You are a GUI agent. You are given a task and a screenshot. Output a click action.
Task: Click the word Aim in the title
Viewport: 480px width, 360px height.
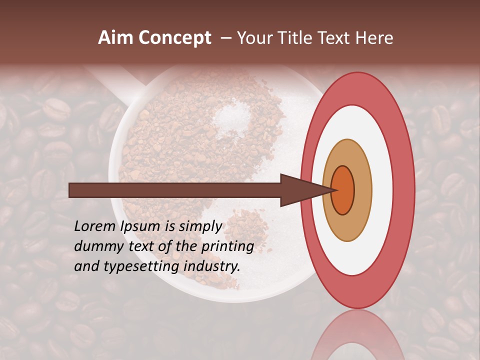pyautogui.click(x=116, y=38)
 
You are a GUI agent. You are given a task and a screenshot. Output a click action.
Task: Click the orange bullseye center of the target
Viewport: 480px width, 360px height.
pyautogui.click(x=343, y=190)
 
